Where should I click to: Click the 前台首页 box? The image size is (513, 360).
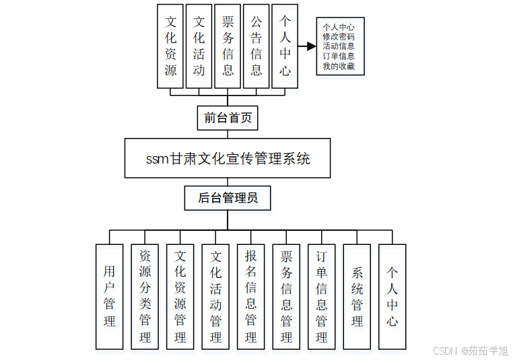(228, 118)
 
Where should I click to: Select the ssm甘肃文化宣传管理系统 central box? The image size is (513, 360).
(228, 158)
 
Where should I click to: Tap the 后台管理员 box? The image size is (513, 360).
(228, 198)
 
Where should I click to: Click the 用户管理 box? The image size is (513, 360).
(110, 296)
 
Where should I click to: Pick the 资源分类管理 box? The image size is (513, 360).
(145, 296)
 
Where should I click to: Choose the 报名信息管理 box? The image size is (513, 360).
(251, 296)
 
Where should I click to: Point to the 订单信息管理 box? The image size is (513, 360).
(322, 296)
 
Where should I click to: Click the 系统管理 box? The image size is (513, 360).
(357, 296)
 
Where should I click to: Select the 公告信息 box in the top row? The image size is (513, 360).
(256, 46)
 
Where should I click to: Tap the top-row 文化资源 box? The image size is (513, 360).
(170, 46)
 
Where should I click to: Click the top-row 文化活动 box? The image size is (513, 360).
(199, 46)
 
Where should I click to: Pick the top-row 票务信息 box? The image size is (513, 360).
(228, 46)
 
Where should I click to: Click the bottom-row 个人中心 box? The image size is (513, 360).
(392, 296)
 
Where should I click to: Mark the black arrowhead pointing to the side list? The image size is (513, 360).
(311, 46)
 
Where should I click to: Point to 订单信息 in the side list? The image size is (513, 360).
(339, 57)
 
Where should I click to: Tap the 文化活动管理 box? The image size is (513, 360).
(215, 296)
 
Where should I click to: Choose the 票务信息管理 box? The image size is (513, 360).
(286, 296)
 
